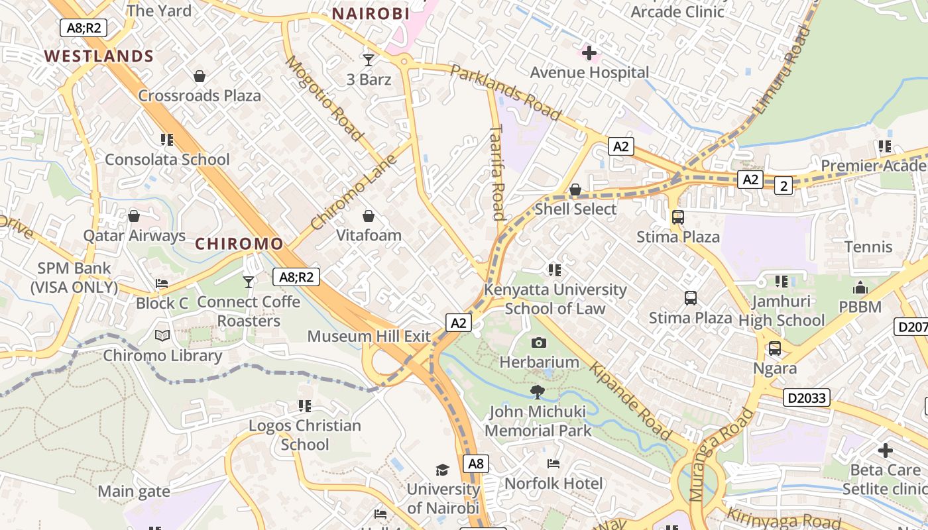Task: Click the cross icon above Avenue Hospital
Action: (589, 52)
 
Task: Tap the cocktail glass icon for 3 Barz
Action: (369, 60)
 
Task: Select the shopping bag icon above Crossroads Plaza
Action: (200, 76)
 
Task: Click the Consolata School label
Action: (167, 160)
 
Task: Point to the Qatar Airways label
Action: (134, 236)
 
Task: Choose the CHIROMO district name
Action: (239, 244)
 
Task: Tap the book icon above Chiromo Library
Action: (162, 335)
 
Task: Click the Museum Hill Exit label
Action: (369, 336)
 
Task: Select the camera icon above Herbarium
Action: (539, 343)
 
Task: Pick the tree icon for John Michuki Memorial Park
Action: (538, 392)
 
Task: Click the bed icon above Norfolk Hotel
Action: (553, 464)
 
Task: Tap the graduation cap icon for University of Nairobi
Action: (442, 470)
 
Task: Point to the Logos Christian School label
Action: (305, 435)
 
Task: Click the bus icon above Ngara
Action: (774, 348)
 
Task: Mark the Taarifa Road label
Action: (498, 174)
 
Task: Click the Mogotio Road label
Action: (325, 98)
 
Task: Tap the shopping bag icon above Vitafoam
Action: (369, 216)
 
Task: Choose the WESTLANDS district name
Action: (99, 56)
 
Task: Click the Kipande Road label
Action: (630, 401)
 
